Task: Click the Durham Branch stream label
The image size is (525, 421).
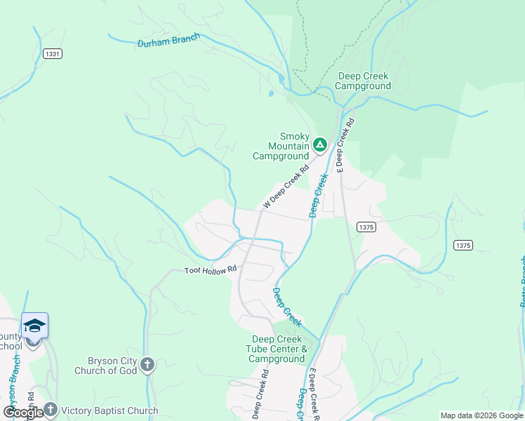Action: coord(168,41)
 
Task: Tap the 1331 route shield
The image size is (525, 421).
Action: coord(51,54)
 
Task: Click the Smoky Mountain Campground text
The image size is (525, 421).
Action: coord(281,146)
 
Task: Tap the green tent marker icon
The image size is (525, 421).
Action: coord(319,145)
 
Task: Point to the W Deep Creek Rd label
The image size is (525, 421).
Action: coord(286,187)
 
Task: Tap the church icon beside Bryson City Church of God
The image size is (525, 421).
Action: coord(147,364)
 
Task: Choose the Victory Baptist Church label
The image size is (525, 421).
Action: coord(109,410)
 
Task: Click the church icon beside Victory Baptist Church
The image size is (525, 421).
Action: coord(50,409)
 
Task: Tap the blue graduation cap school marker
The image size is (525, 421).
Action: coord(34,326)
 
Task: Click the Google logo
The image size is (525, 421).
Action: coord(22,412)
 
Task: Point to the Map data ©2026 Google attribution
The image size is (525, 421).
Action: coord(481,415)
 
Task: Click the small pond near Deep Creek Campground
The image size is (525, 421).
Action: coord(270,93)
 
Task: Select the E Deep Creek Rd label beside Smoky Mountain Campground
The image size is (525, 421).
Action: coord(345,145)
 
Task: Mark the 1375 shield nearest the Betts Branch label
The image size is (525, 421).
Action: coord(463,245)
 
